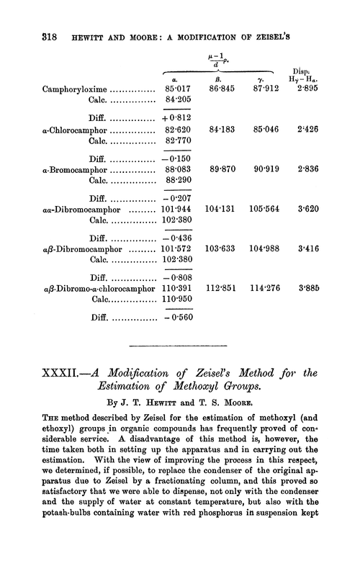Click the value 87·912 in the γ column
[x=268, y=91]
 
